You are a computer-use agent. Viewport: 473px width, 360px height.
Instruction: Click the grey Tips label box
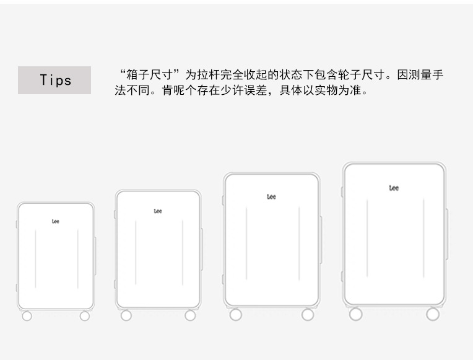tap(54, 80)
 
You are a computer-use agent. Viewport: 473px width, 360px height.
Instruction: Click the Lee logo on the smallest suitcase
tap(56, 221)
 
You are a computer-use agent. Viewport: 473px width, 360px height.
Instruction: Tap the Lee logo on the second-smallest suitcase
tap(158, 211)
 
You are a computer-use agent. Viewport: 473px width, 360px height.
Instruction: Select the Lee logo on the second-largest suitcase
tap(271, 197)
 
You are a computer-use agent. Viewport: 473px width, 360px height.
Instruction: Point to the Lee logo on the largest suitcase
tap(394, 188)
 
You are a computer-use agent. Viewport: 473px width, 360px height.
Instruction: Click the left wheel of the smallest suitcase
tap(27, 316)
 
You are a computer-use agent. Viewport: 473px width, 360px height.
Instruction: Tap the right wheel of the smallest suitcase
tap(85, 316)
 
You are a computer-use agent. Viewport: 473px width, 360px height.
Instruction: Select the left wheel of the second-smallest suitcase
tap(126, 315)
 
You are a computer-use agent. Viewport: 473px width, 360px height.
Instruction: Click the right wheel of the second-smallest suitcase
tap(190, 315)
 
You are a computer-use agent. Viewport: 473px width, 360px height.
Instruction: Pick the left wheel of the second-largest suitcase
tap(235, 315)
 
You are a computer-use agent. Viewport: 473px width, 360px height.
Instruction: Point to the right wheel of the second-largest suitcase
tap(308, 315)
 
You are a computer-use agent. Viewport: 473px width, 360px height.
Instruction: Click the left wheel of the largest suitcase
tap(355, 314)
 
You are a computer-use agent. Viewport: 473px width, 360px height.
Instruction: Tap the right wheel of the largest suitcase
tap(433, 314)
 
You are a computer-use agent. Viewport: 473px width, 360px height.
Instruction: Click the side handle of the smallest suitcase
tap(95, 255)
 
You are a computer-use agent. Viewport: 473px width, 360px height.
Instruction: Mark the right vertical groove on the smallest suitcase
tap(78, 258)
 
